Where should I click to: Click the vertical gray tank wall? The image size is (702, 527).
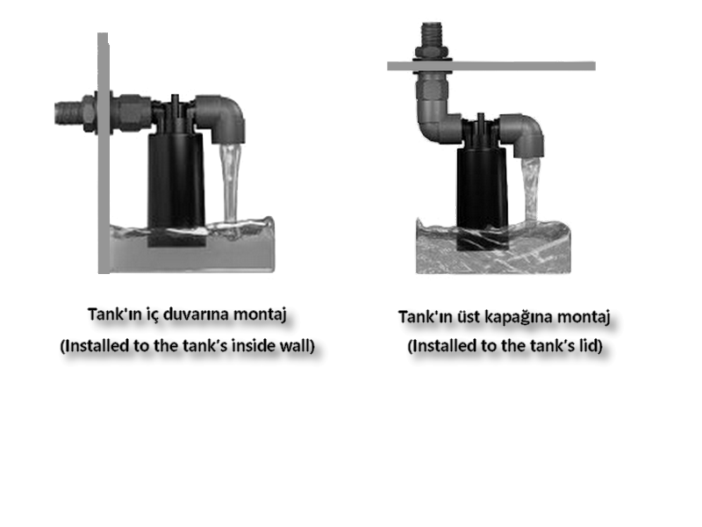pyautogui.click(x=104, y=153)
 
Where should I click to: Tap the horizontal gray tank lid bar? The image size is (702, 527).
pyautogui.click(x=491, y=67)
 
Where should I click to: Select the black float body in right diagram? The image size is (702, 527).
pyautogui.click(x=482, y=197)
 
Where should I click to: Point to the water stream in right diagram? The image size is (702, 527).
pyautogui.click(x=531, y=189)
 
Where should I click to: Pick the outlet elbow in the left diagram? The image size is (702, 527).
pyautogui.click(x=222, y=118)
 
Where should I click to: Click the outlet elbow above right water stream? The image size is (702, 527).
pyautogui.click(x=523, y=134)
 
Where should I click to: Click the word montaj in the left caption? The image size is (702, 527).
pyautogui.click(x=260, y=314)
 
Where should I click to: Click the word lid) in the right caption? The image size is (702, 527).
pyautogui.click(x=590, y=345)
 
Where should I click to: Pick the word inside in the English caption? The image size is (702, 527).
pyautogui.click(x=253, y=345)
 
